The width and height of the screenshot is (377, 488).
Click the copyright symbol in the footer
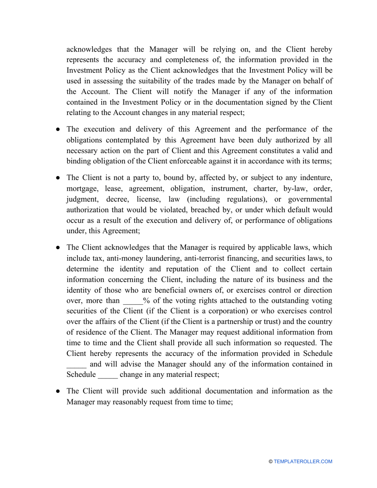(271, 461)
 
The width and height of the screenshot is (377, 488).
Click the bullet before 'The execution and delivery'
(58, 129)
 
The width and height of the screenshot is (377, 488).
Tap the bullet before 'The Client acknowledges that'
(58, 248)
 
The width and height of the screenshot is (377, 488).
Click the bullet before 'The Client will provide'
(58, 391)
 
